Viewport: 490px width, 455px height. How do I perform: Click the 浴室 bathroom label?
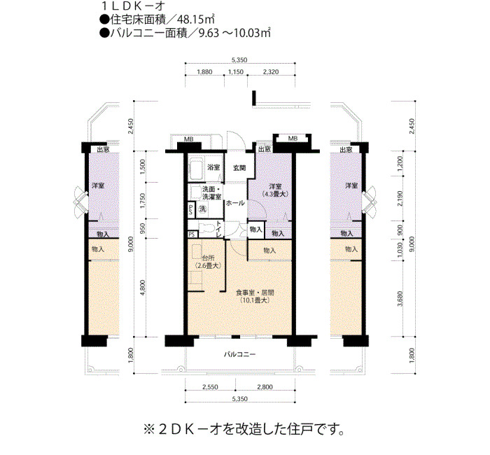[x=213, y=167]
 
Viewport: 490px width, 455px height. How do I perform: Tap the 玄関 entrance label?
[x=239, y=168]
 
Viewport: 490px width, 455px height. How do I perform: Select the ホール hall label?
[x=235, y=203]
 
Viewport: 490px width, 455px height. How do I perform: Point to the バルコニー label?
[x=239, y=354]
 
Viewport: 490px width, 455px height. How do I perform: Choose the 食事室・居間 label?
[x=255, y=293]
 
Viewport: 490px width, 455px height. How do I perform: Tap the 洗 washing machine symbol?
[x=203, y=209]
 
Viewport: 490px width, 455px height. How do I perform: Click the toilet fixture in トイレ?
[x=206, y=228]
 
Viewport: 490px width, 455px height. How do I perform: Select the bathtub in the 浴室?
[x=196, y=169]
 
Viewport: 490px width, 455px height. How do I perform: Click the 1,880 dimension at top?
[x=204, y=72]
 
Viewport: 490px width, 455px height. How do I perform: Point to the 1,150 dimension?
[x=236, y=72]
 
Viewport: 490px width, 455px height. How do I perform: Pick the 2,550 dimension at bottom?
[x=210, y=387]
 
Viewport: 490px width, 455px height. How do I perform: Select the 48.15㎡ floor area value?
[x=195, y=20]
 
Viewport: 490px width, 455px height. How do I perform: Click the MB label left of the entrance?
[x=188, y=139]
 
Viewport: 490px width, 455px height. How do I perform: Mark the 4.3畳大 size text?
[x=275, y=194]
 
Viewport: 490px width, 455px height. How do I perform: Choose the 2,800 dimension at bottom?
[x=265, y=387]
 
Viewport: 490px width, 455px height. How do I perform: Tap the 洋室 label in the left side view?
[x=98, y=185]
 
